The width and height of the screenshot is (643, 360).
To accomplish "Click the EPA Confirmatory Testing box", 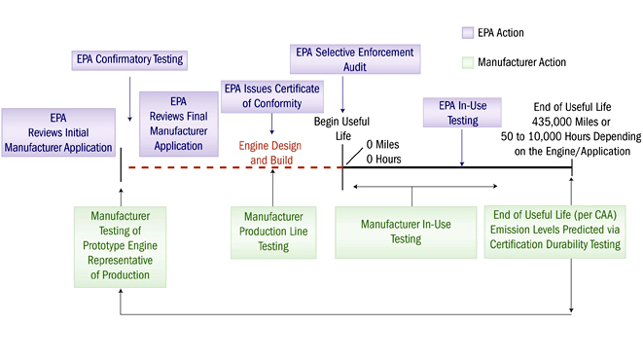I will (129, 59).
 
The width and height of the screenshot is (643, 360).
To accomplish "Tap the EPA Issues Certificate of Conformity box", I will (271, 95).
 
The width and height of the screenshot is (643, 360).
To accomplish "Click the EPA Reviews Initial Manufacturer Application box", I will (57, 131).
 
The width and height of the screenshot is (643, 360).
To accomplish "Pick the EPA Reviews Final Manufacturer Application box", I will (178, 123).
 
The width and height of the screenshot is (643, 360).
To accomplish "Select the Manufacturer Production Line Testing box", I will (273, 231).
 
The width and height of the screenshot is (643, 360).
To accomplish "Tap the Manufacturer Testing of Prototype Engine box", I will (120, 245).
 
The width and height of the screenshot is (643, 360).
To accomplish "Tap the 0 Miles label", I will (382, 144).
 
